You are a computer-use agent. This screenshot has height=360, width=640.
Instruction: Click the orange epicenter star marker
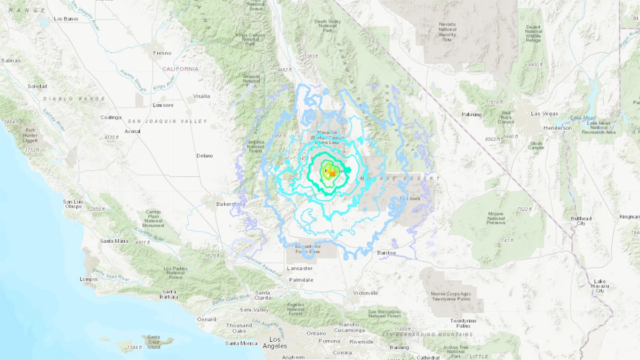point(331,172)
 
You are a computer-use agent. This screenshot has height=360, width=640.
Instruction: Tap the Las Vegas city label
point(543,114)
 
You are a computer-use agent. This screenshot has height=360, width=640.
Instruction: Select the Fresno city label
point(162,53)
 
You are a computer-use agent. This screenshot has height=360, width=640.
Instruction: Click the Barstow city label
point(387,253)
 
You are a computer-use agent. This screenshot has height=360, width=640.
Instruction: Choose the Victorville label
point(365,293)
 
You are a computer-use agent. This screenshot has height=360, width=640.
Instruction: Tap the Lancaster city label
point(299,268)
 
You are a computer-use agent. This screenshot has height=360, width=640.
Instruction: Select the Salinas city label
point(10,61)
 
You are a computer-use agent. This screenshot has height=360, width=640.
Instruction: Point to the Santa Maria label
point(114,241)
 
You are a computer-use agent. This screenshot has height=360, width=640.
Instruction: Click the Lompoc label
point(89,279)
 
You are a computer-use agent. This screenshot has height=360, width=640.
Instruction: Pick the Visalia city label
point(202,96)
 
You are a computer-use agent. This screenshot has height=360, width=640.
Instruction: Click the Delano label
point(204,156)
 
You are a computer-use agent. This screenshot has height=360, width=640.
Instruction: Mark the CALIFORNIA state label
point(180,69)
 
